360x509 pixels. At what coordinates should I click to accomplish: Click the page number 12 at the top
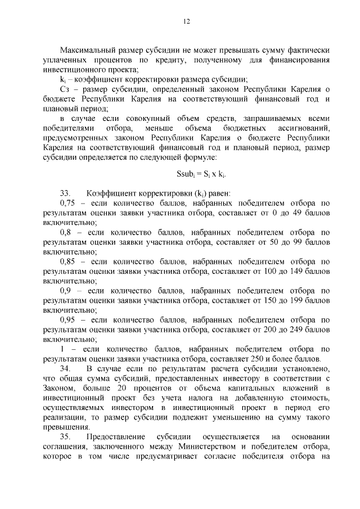[186, 21]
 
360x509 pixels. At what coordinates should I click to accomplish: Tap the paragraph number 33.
[66, 193]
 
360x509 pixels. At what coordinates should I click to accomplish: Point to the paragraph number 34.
[66, 368]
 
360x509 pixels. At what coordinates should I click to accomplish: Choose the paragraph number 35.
[66, 437]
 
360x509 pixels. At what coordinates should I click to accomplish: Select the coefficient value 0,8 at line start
[66, 232]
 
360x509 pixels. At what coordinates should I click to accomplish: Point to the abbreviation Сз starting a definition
[65, 90]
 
